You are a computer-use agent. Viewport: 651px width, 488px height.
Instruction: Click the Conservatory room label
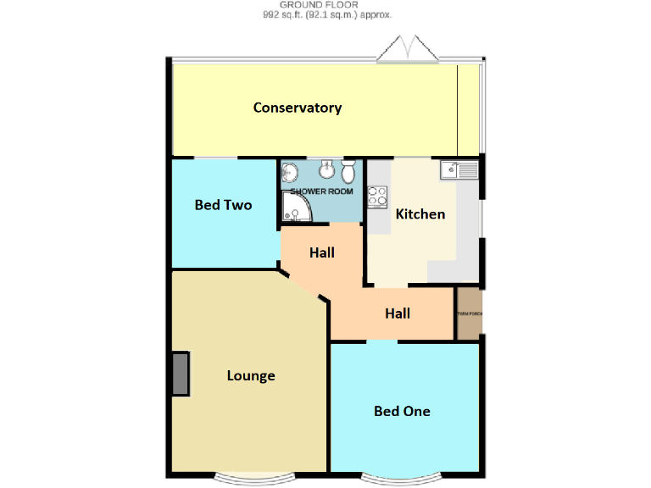[298, 108]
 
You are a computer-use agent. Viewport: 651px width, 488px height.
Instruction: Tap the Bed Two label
[223, 205]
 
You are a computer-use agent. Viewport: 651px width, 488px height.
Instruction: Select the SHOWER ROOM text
[322, 191]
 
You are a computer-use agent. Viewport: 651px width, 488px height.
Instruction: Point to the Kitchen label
[420, 214]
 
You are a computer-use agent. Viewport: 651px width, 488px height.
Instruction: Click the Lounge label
[251, 376]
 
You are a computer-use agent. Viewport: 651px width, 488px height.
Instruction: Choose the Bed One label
[402, 412]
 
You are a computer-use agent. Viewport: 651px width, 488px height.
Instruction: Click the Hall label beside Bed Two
[321, 252]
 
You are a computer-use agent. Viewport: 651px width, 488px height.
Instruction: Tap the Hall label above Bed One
[398, 313]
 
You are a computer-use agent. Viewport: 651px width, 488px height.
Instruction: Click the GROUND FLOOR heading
[325, 5]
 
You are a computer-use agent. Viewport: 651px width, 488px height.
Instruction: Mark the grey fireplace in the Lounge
[181, 374]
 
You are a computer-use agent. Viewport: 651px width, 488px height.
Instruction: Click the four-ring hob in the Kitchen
[378, 196]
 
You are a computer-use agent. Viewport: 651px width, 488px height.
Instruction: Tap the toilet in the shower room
[348, 172]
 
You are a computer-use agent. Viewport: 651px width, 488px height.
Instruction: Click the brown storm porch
[469, 314]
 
